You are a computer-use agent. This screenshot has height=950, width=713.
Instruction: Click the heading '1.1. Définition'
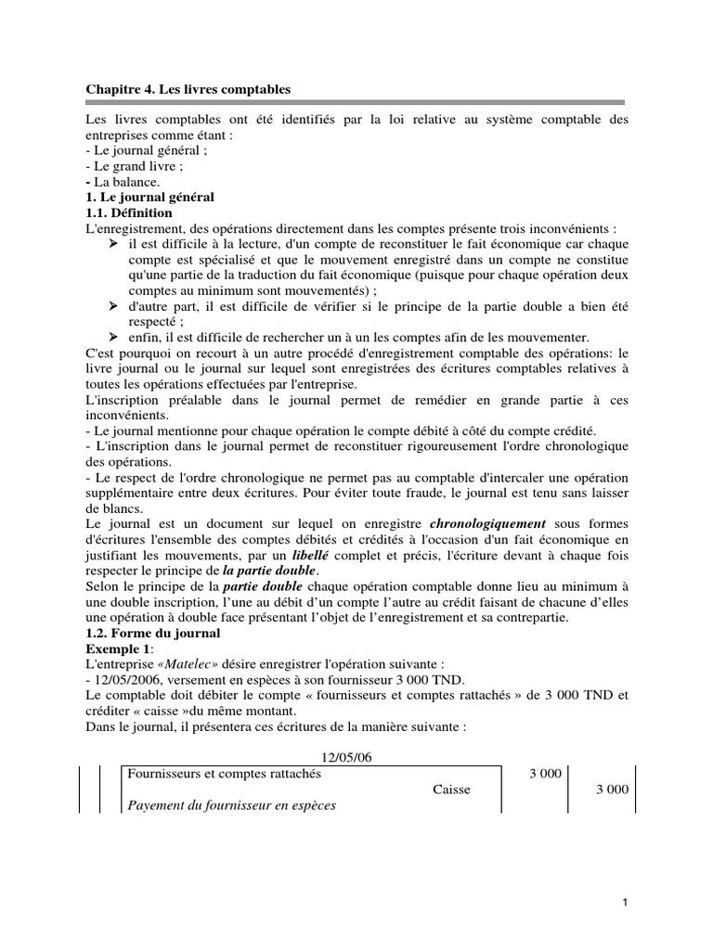(x=128, y=212)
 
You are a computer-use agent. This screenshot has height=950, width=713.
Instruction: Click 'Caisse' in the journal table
(x=451, y=790)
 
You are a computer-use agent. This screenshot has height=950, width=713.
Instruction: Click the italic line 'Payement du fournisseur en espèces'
(x=231, y=805)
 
